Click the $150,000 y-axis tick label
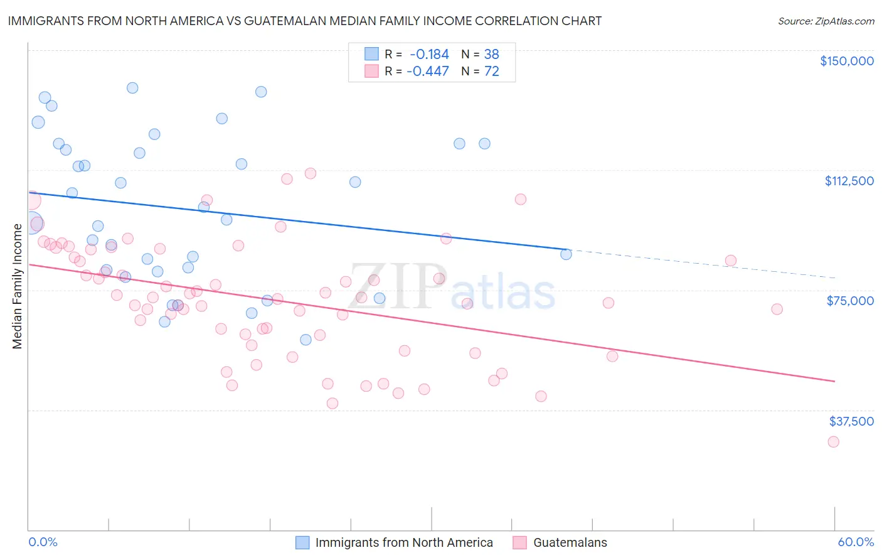click(846, 61)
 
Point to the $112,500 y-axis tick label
click(849, 181)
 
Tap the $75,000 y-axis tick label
click(850, 301)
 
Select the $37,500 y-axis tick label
click(851, 421)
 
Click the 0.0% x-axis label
click(43, 542)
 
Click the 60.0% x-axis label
click(855, 542)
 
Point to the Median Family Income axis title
click(17, 286)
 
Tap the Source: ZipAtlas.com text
click(826, 21)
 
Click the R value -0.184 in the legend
click(429, 54)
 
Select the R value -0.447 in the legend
click(428, 71)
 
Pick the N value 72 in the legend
click(491, 71)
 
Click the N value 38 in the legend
click(491, 54)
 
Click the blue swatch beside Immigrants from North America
click(302, 542)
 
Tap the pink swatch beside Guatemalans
click(519, 542)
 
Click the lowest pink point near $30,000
click(833, 441)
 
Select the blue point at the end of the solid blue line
click(566, 254)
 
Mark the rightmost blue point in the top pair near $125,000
click(484, 144)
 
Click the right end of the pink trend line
click(834, 381)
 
